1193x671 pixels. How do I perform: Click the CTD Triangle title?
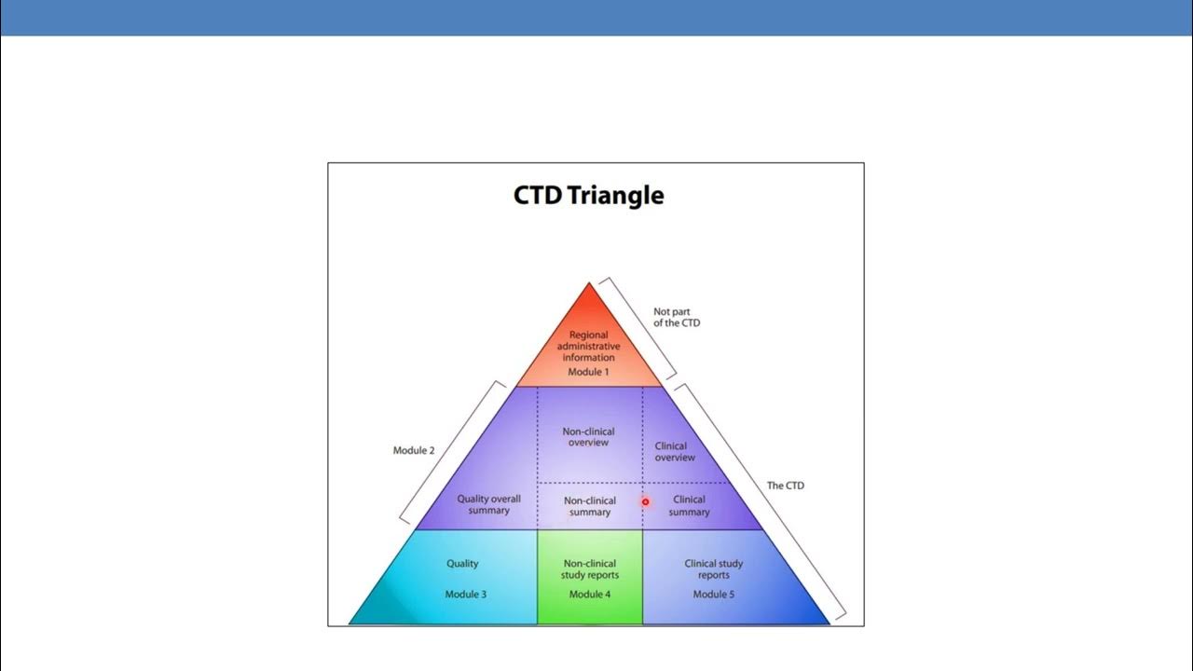[588, 196]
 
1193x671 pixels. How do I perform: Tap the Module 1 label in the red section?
[588, 372]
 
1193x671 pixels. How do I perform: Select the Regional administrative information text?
[588, 347]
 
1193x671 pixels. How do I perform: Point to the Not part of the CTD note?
[676, 318]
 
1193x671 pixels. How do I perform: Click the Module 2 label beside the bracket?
[414, 451]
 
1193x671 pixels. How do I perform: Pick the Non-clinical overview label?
[588, 437]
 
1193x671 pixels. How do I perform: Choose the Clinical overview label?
[675, 452]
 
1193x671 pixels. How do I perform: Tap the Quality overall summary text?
[488, 504]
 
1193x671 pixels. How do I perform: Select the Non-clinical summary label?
[589, 506]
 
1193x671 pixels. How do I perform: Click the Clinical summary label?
[689, 506]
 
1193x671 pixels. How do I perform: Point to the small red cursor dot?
[645, 501]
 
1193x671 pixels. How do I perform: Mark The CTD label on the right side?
[786, 486]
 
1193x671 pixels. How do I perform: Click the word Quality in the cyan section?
[462, 564]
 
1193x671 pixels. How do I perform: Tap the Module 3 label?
[465, 595]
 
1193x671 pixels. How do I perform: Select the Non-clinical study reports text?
[589, 569]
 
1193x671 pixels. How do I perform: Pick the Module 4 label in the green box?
[589, 595]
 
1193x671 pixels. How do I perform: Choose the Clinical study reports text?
[714, 569]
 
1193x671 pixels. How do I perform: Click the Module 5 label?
[713, 595]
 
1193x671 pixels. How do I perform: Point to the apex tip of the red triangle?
[589, 283]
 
